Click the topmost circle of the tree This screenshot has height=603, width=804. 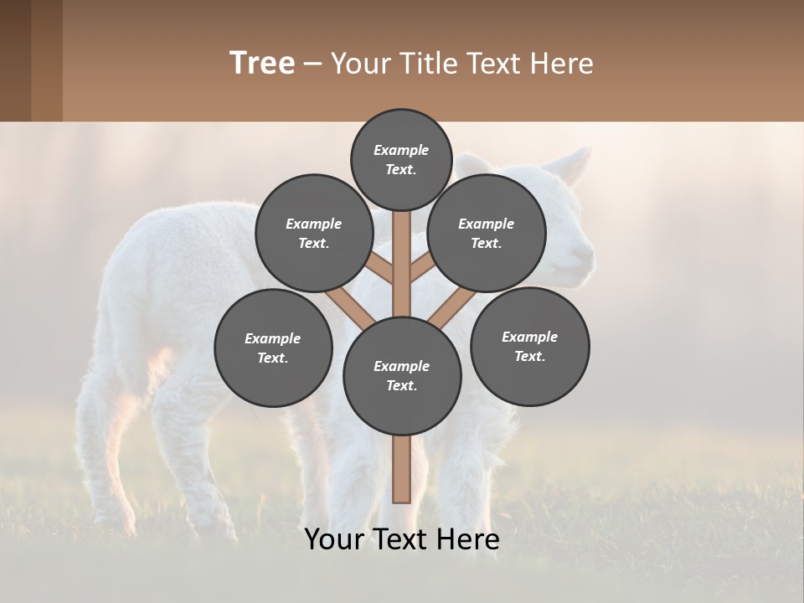401,159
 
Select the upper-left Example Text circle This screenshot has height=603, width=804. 314,233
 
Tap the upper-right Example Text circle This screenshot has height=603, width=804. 487,233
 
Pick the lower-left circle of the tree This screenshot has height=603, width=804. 273,348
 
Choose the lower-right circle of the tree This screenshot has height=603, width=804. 529,346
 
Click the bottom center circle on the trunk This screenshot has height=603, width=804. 402,375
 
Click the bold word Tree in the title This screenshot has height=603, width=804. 262,63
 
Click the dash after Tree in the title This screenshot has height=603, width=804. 312,64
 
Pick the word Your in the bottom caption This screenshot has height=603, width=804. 333,539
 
